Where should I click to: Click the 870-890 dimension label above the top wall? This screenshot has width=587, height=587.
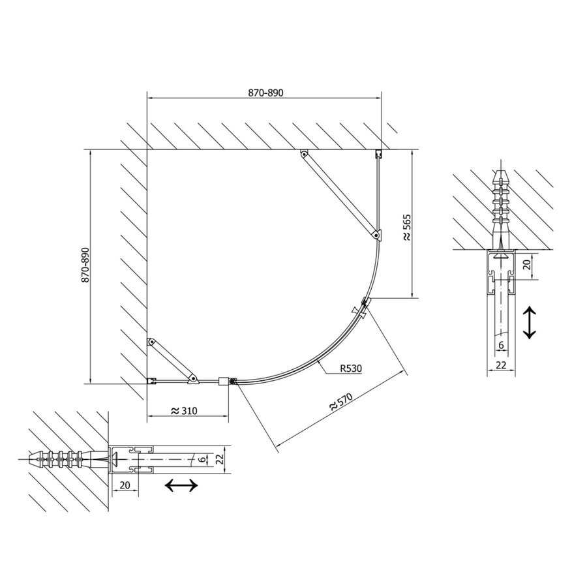[265, 93]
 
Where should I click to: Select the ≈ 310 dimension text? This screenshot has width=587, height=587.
[185, 411]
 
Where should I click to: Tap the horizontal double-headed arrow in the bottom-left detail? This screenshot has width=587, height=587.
[181, 485]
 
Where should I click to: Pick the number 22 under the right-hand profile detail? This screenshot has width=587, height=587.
[501, 365]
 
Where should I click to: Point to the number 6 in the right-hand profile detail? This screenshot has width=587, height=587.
[501, 345]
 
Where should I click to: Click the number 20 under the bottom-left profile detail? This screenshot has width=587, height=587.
[125, 485]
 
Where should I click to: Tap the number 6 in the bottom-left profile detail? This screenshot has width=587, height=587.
[202, 460]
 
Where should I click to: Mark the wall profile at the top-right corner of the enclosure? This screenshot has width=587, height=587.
[378, 154]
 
